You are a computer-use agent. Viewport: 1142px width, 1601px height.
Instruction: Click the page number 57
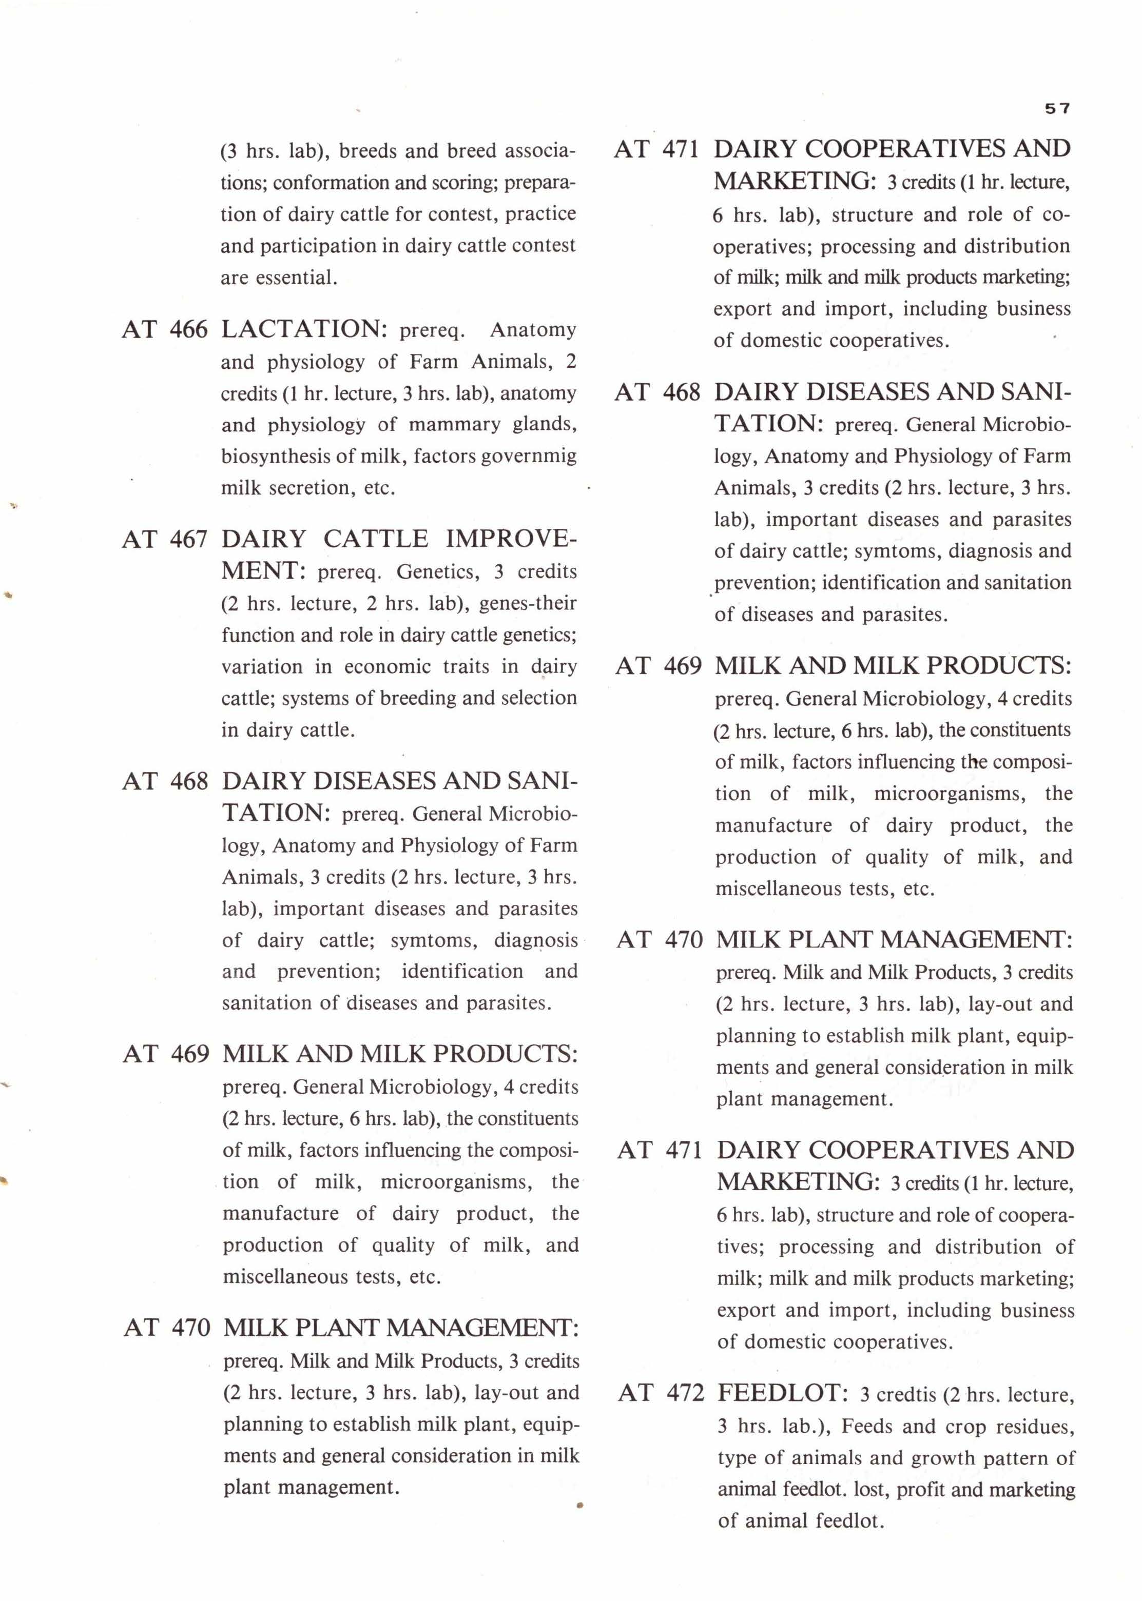point(1057,108)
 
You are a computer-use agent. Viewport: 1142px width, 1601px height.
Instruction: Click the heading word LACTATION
point(304,329)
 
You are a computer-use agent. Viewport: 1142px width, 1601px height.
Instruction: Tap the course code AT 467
point(165,539)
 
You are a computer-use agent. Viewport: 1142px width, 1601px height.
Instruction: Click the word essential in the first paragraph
point(295,278)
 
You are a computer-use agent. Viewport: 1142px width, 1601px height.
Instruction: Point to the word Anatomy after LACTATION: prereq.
point(532,330)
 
